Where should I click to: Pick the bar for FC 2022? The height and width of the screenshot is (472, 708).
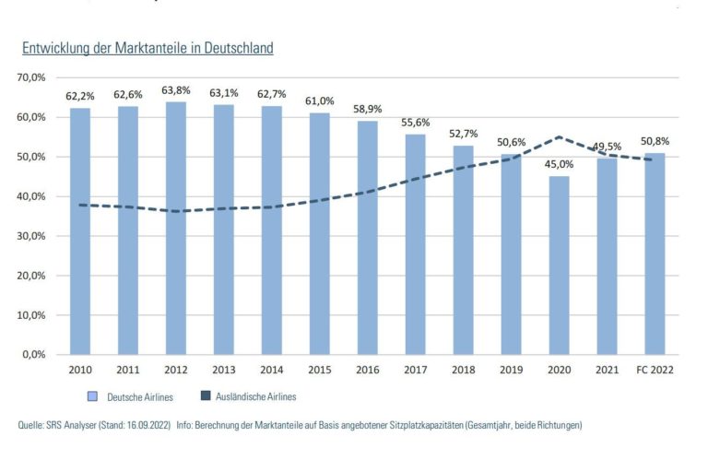[x=655, y=254]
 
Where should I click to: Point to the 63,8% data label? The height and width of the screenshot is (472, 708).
[x=176, y=90]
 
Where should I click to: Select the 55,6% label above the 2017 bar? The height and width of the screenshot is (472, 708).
[x=416, y=123]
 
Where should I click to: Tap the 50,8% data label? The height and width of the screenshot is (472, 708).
[x=655, y=141]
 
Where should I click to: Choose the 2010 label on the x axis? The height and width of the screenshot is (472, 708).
[x=80, y=370]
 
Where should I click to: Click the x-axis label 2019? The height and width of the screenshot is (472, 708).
[x=511, y=370]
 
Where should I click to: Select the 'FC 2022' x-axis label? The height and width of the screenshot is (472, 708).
[x=655, y=370]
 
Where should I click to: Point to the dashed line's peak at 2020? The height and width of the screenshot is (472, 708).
[x=559, y=137]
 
